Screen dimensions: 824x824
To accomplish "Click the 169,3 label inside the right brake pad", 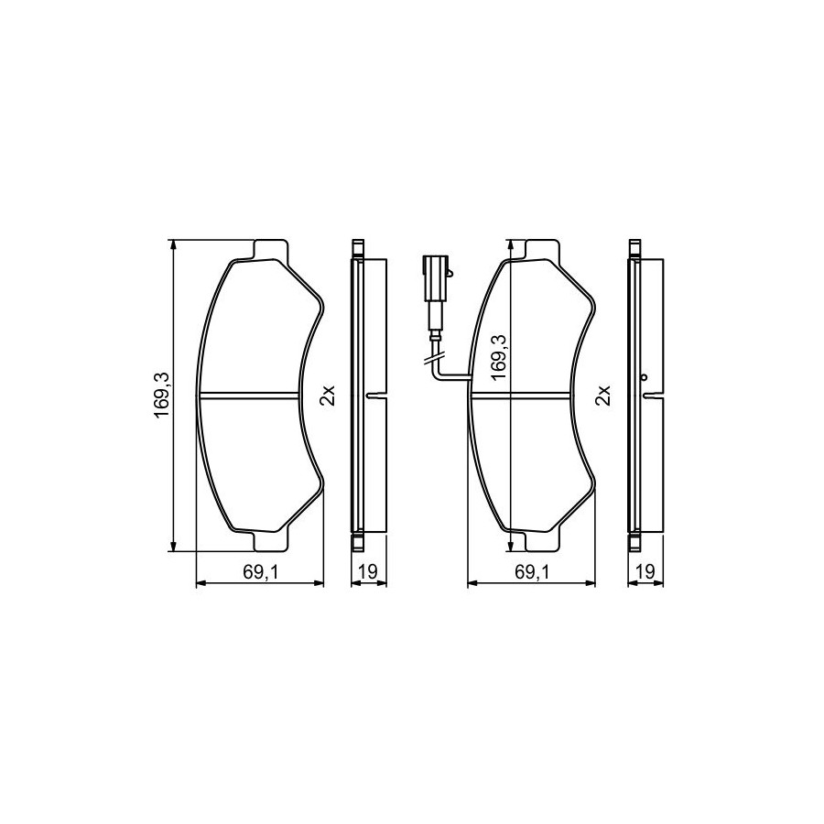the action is [497, 357].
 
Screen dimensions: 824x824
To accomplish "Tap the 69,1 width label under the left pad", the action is [260, 572].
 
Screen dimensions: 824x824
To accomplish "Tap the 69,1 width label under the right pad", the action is [532, 572].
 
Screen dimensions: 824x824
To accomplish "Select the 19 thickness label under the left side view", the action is [368, 571].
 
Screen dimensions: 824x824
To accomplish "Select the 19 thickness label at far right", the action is [645, 571].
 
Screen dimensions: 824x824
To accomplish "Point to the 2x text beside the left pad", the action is [327, 395].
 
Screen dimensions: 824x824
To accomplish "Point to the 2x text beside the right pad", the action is [603, 395].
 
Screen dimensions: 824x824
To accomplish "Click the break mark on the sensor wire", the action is [434, 359].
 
